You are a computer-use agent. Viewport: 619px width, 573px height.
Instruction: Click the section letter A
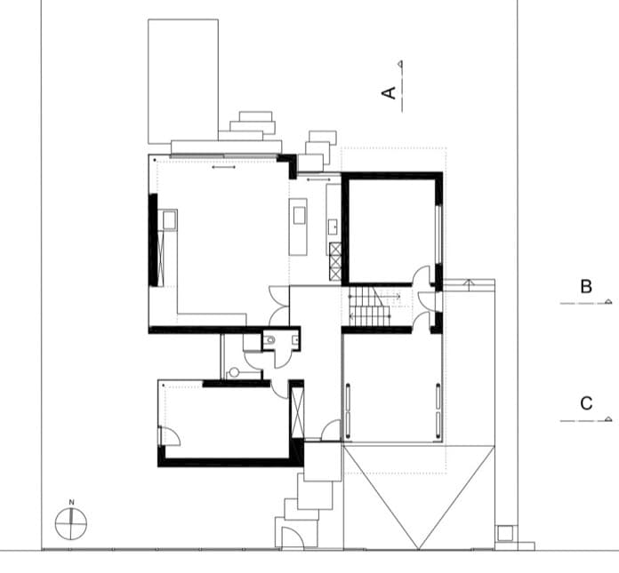tap(389, 93)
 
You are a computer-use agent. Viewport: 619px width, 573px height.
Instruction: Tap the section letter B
tap(586, 287)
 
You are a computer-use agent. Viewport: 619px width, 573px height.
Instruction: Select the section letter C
tap(586, 403)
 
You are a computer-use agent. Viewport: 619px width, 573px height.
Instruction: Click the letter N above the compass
tap(71, 503)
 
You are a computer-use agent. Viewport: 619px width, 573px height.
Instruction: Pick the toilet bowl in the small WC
tap(270, 339)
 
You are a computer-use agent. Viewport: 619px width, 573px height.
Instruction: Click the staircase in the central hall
tap(370, 306)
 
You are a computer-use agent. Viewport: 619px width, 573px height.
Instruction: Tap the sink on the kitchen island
tap(299, 215)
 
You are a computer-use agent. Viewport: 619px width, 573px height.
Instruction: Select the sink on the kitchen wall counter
tap(334, 227)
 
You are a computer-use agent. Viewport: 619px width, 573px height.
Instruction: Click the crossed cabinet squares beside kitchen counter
tap(335, 261)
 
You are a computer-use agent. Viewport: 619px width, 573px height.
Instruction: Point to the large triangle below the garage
tap(419, 497)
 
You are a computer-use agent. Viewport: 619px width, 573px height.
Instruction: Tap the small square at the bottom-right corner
tap(505, 534)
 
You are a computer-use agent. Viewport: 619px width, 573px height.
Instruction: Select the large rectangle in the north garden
tap(183, 81)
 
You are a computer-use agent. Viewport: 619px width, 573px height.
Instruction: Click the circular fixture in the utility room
tap(234, 372)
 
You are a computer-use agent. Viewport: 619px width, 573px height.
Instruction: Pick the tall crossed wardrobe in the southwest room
tap(297, 412)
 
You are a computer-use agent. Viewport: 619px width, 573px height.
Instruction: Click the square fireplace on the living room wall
tap(169, 219)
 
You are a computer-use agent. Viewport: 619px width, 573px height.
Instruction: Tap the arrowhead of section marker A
tap(400, 63)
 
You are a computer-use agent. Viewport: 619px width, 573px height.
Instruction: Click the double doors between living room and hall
tap(279, 306)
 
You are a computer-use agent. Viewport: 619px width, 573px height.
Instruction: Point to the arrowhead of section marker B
tap(608, 301)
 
